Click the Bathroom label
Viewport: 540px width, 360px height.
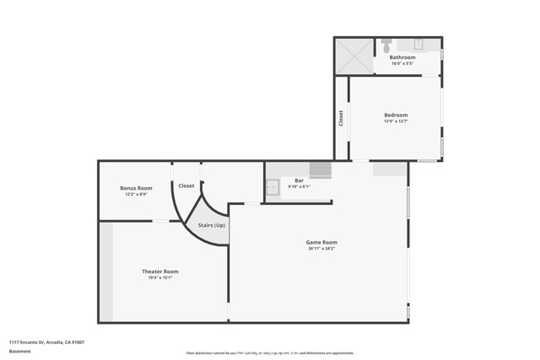coord(402,57)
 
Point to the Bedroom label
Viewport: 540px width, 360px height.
coord(396,115)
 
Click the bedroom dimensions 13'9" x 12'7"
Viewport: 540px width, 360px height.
coord(396,121)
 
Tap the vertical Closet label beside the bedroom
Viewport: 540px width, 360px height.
coord(341,118)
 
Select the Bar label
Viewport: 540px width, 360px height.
coord(299,180)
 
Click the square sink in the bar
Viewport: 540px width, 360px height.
coord(273,187)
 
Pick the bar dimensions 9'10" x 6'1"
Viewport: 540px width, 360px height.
coord(299,186)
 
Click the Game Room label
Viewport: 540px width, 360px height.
coord(321,242)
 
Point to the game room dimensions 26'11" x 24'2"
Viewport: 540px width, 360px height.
coord(321,249)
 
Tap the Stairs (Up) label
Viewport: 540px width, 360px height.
coord(212,226)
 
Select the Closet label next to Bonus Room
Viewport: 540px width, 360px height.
coord(186,185)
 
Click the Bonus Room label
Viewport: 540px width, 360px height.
coord(136,188)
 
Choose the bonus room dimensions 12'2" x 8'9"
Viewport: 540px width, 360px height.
coord(136,194)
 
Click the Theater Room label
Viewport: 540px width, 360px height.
coord(159,271)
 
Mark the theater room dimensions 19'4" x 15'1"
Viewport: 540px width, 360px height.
coord(159,277)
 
